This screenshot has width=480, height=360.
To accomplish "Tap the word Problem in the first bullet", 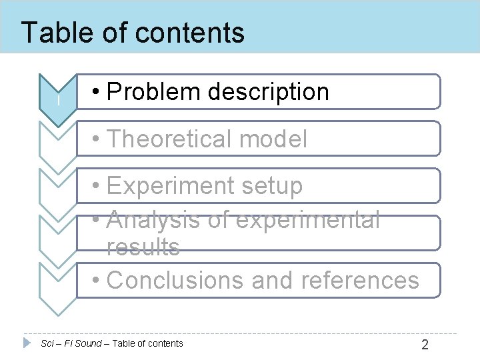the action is (152, 92).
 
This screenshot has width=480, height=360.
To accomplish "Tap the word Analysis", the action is (151, 219).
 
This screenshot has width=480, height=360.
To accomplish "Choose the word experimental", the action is (306, 219).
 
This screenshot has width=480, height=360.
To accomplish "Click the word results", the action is (143, 247).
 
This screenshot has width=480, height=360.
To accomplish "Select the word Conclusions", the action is (175, 281).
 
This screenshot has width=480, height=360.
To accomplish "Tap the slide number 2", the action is (425, 345).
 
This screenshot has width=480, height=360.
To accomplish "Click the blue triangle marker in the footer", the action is (27, 343).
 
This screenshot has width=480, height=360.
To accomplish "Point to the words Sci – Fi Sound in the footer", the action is (71, 343).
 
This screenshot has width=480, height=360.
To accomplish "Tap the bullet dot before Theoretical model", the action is (97, 139).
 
